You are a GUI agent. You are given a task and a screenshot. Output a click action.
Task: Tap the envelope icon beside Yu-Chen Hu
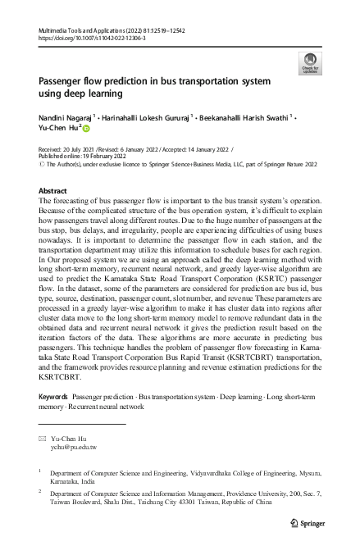[43, 439]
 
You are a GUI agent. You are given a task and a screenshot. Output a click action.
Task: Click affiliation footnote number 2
[40, 494]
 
